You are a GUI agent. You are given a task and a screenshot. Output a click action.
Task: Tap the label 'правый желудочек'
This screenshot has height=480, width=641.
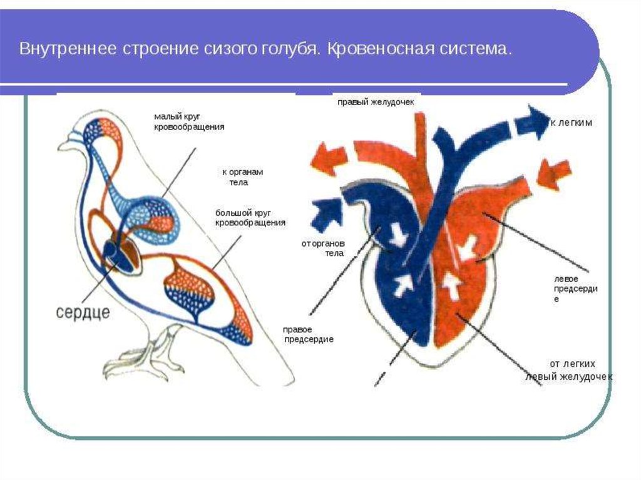pos(376,101)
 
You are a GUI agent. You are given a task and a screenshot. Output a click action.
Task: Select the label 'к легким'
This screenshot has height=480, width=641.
pos(571,123)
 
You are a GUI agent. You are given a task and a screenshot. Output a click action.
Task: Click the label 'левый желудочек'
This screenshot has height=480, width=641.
pos(568,377)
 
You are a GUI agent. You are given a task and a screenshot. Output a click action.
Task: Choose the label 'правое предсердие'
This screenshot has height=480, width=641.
pos(308,334)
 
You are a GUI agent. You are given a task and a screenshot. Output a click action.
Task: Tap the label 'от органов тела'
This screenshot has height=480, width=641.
pos(323,248)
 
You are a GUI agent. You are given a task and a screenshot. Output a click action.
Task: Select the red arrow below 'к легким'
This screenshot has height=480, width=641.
pos(553,173)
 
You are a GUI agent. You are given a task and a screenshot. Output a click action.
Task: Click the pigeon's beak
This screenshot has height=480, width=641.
pos(65,146)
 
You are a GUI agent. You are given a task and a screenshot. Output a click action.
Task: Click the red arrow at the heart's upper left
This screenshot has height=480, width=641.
pos(329,156)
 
